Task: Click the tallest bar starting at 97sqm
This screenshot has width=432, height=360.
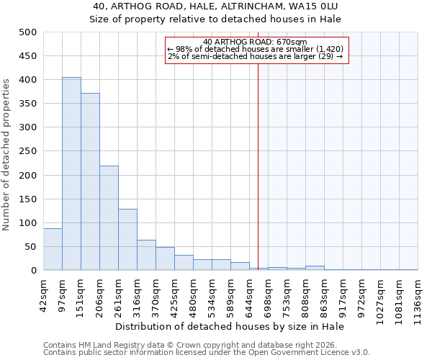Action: point(71,174)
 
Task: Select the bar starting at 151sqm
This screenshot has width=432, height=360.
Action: point(90,181)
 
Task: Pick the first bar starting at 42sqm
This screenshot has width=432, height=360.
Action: point(53,249)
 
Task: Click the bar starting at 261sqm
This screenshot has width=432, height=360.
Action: point(127,240)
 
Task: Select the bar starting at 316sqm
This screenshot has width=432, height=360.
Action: point(146,255)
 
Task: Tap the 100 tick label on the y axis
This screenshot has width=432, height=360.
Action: point(28,223)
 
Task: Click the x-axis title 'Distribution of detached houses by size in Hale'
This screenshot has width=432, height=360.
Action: point(230,327)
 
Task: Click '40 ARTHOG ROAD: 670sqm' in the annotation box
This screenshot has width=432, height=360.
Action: point(256,42)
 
